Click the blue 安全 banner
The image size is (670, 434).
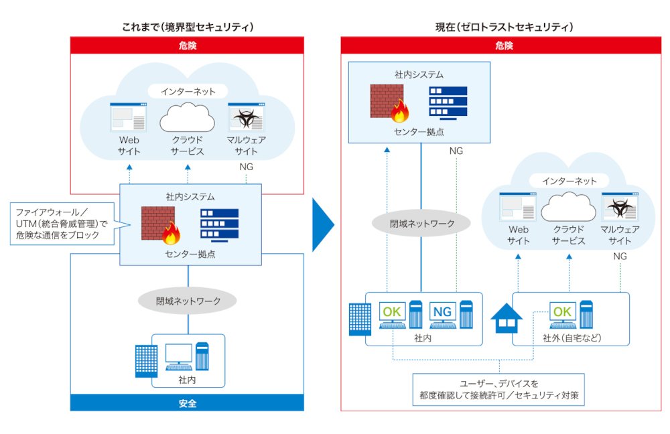pyautogui.click(x=187, y=403)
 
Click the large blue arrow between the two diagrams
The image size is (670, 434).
pyautogui.click(x=323, y=224)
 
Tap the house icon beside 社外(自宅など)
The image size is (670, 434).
pyautogui.click(x=507, y=318)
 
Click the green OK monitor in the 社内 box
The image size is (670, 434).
pyautogui.click(x=392, y=315)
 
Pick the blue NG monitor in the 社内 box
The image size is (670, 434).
pyautogui.click(x=443, y=315)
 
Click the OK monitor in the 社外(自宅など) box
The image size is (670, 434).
pyautogui.click(x=562, y=315)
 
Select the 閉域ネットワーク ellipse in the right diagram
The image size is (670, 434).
pyautogui.click(x=421, y=223)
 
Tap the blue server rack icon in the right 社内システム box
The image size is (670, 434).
pyautogui.click(x=448, y=102)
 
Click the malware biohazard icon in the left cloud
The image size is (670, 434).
pyautogui.click(x=246, y=117)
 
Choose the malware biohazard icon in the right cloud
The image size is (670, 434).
pyautogui.click(x=620, y=207)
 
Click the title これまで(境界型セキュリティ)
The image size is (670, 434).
pyautogui.click(x=188, y=27)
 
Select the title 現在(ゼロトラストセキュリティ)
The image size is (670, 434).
pyautogui.click(x=504, y=27)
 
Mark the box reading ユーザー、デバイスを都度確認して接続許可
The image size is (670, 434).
pyautogui.click(x=498, y=390)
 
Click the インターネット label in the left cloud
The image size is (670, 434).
pyautogui.click(x=188, y=91)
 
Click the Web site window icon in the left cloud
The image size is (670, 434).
pyautogui.click(x=128, y=117)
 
